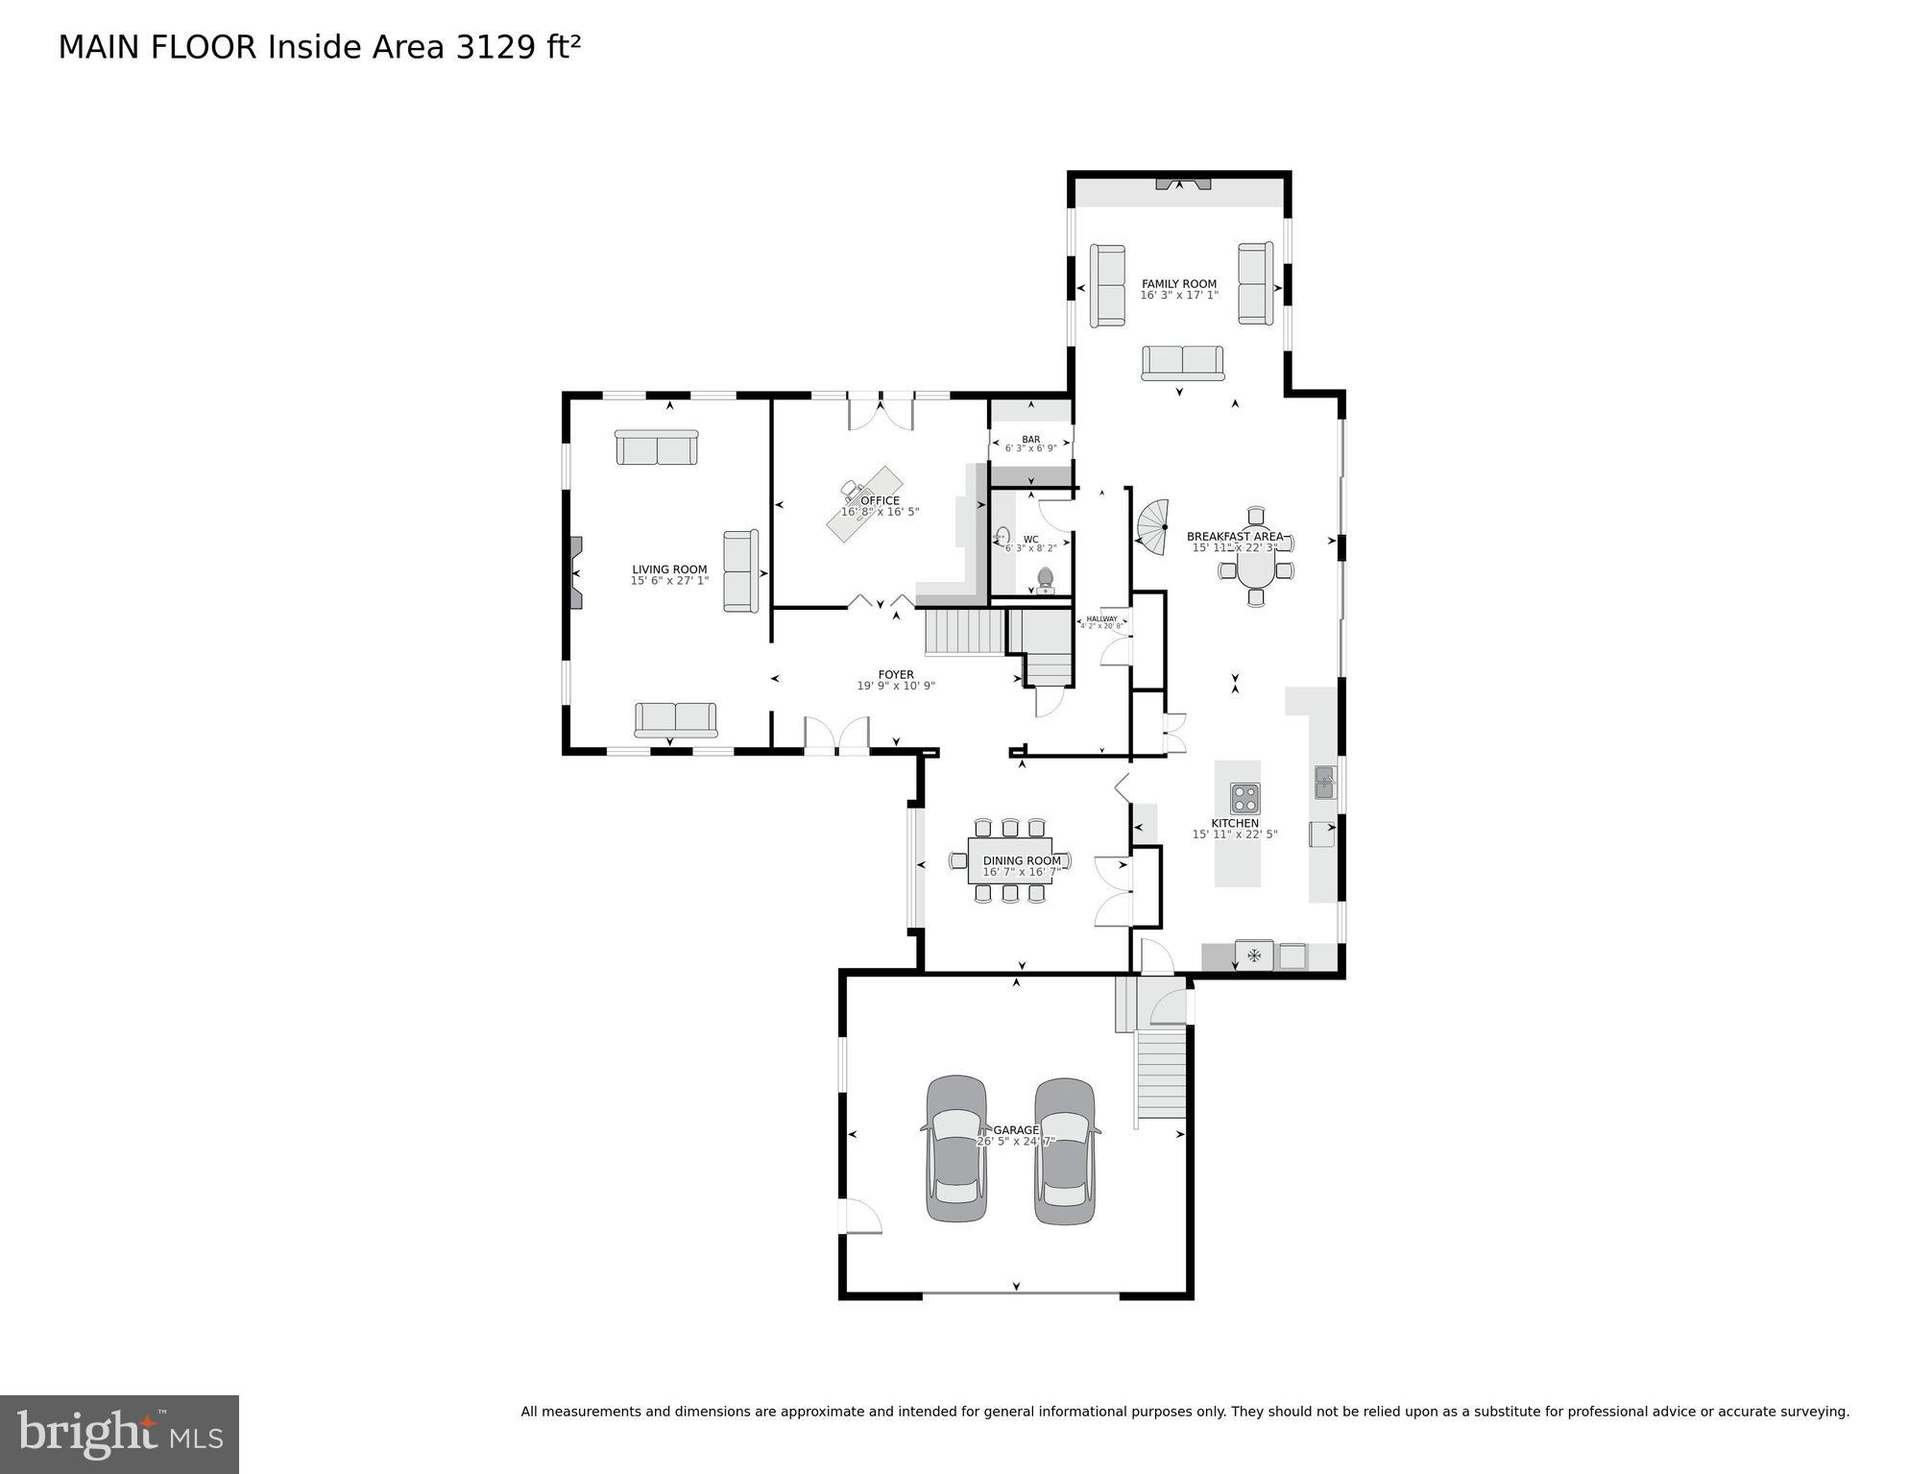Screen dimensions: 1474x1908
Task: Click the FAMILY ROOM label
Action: coord(1178,284)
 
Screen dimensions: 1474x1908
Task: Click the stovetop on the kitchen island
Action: coord(1244,798)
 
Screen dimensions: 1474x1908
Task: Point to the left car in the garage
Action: coord(956,1148)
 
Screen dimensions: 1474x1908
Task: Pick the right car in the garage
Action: coord(1065,1150)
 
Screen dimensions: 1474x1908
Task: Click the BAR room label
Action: coord(1030,439)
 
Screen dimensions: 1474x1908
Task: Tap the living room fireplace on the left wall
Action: coord(574,572)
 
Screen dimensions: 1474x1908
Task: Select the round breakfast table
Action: coord(1256,570)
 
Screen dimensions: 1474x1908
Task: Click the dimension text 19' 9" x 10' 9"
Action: coord(895,686)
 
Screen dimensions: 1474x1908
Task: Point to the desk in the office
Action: coord(864,504)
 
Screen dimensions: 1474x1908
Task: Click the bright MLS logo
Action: coord(119,1435)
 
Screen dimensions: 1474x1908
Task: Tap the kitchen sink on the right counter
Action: coord(1324,782)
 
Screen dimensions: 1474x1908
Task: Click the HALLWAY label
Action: coord(1101,618)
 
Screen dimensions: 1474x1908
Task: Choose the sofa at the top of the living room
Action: coord(656,447)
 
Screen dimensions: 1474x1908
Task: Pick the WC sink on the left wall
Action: coord(1002,537)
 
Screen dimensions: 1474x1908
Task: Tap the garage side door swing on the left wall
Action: coord(861,1217)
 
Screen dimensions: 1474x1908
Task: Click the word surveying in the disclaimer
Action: coord(1813,1412)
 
